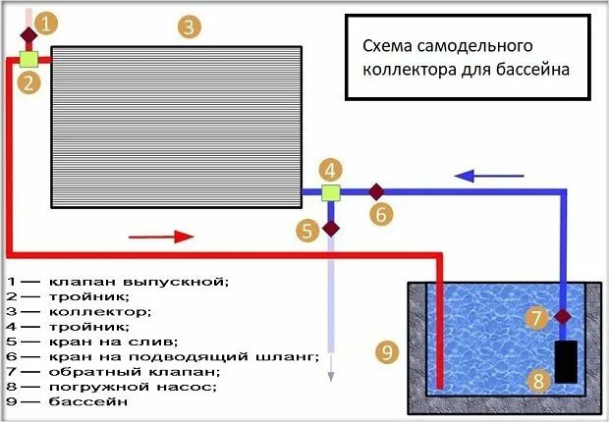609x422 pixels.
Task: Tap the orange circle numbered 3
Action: pyautogui.click(x=189, y=26)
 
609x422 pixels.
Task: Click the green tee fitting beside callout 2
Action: pyautogui.click(x=28, y=59)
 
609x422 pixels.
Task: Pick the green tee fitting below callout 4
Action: pyautogui.click(x=331, y=190)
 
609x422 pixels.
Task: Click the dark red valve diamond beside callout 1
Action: pyautogui.click(x=28, y=35)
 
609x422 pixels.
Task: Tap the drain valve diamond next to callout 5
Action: pyautogui.click(x=331, y=229)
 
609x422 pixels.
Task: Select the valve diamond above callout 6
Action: pyautogui.click(x=374, y=190)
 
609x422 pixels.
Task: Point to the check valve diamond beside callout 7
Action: pyautogui.click(x=562, y=316)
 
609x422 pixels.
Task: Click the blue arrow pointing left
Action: pyautogui.click(x=480, y=176)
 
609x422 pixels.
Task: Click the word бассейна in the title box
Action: pyautogui.click(x=528, y=71)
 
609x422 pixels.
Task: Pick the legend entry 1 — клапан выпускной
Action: pyautogui.click(x=117, y=281)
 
